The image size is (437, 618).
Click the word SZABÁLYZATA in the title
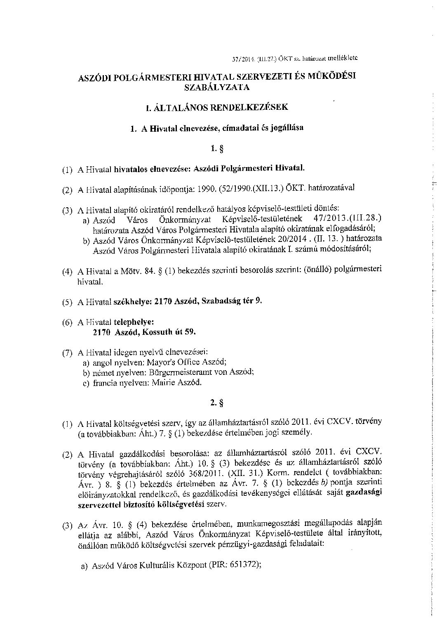tap(217, 87)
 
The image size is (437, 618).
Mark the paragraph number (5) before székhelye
tap(67, 302)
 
